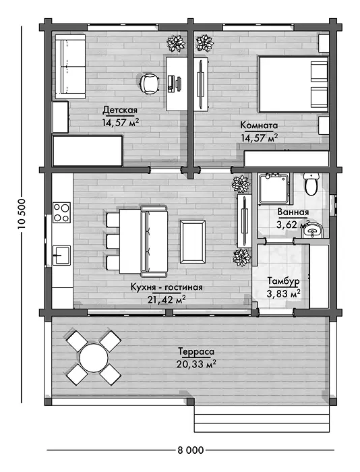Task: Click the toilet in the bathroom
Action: tap(311, 183)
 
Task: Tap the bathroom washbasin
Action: tap(312, 231)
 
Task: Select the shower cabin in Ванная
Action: tap(275, 188)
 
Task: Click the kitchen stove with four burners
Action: tap(62, 212)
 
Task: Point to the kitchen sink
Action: tap(62, 256)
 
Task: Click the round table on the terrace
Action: tap(94, 357)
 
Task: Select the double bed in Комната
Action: tap(293, 84)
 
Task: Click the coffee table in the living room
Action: tap(193, 241)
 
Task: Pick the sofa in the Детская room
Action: tap(70, 67)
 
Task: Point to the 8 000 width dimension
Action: tap(190, 450)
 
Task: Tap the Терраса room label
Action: tap(196, 351)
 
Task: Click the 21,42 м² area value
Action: tap(166, 299)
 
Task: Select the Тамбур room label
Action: tap(284, 281)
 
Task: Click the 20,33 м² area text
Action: tap(196, 364)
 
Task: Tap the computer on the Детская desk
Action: tap(175, 83)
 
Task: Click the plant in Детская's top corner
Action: tap(176, 44)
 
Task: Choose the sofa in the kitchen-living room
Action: tap(154, 241)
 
